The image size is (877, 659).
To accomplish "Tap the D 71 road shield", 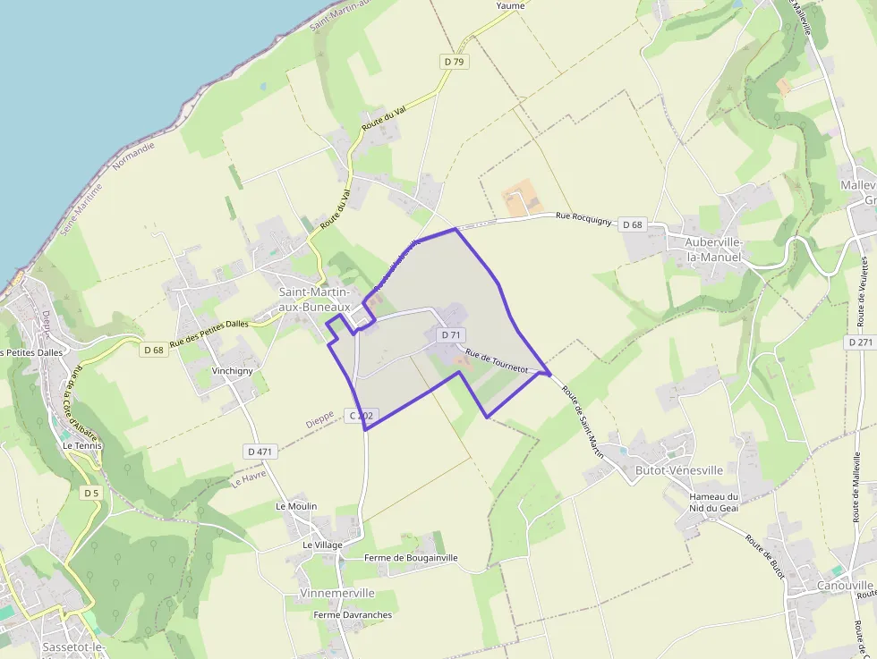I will [x=450, y=334].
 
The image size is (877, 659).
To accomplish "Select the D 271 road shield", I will [x=860, y=342].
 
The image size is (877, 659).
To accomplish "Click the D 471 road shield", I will [x=259, y=452].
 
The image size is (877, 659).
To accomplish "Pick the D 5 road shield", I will [x=90, y=493].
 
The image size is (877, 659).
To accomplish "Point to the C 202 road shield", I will [x=362, y=416].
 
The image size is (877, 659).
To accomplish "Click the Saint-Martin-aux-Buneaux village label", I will [x=315, y=299].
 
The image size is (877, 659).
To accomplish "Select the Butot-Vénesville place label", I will [x=678, y=470].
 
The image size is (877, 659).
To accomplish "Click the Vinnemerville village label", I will [x=338, y=593].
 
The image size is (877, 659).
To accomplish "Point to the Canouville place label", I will [x=845, y=586].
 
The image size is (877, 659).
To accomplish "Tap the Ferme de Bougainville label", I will [x=411, y=558].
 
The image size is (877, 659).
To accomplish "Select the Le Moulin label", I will [x=296, y=506].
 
